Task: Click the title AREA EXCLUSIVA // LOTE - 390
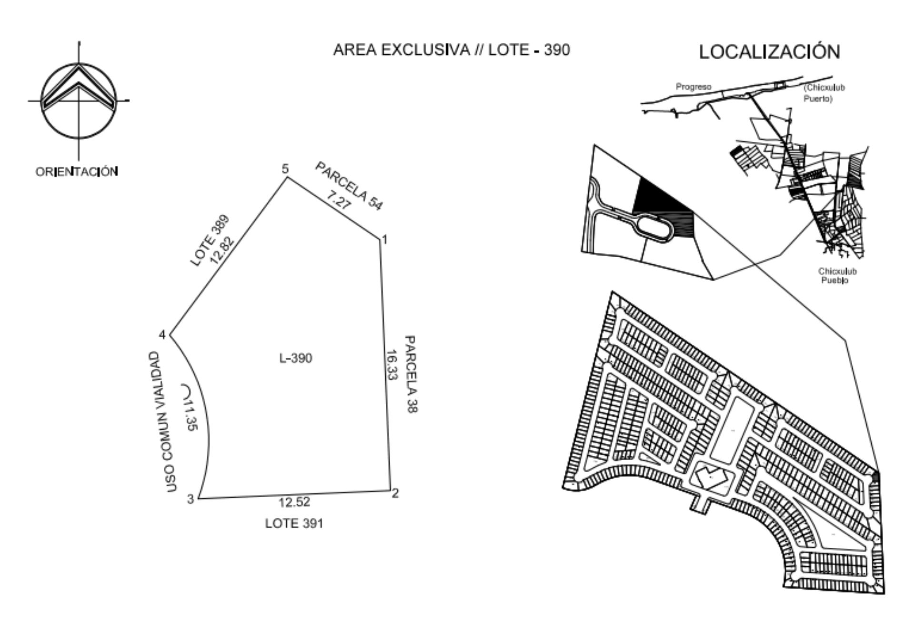tap(451, 50)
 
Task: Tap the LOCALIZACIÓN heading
tap(769, 51)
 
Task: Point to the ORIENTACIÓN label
tap(77, 171)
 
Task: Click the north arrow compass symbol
tap(79, 100)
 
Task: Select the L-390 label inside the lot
tap(296, 358)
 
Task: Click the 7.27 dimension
tap(339, 200)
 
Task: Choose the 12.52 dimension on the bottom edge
tap(294, 502)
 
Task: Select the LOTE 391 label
tap(294, 523)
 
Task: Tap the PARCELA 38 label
tap(411, 374)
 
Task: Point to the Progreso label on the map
tap(694, 87)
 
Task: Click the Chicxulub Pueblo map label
tap(837, 276)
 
